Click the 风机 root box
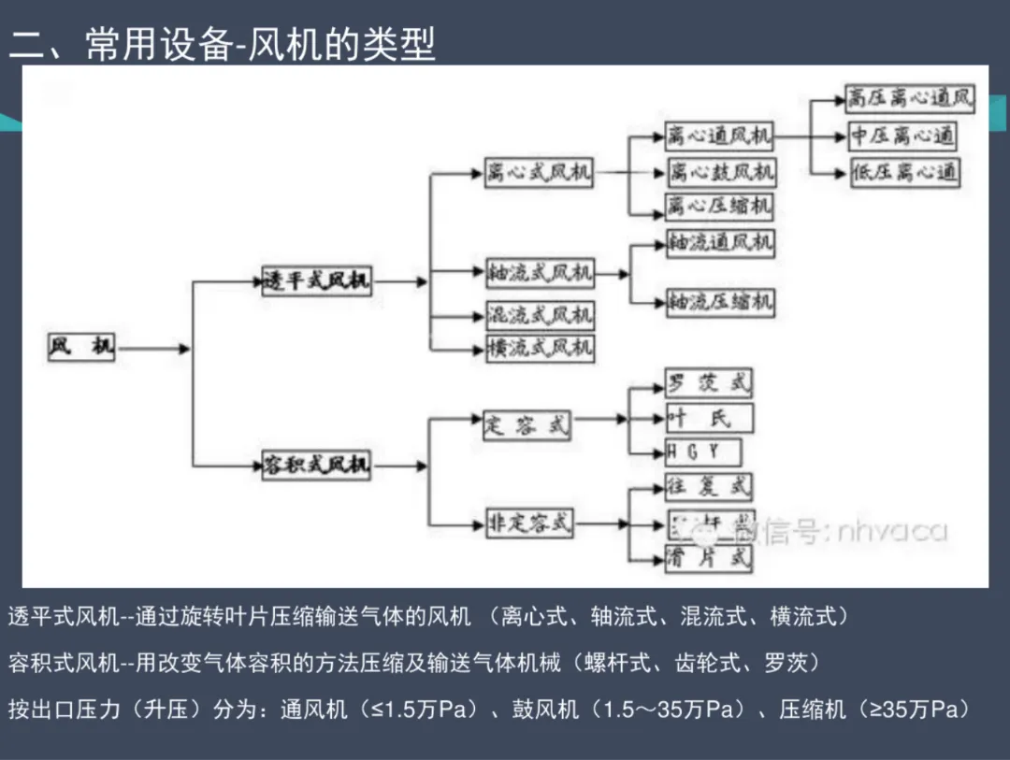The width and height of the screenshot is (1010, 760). (81, 348)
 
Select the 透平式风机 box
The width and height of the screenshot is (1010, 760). (316, 280)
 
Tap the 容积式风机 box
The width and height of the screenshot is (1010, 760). (316, 465)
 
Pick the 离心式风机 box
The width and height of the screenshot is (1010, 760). (540, 174)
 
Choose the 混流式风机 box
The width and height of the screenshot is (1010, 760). (540, 316)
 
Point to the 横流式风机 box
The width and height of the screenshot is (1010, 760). (540, 348)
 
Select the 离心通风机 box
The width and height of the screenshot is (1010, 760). (719, 136)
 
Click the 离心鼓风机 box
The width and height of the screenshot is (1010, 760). (720, 172)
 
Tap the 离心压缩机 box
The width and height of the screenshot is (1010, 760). (720, 205)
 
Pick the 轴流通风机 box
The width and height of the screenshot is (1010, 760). (720, 242)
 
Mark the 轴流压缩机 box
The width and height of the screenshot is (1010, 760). (720, 302)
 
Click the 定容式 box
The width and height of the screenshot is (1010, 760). (527, 425)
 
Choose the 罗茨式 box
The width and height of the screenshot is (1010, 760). (708, 382)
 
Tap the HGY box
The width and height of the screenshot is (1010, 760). (702, 452)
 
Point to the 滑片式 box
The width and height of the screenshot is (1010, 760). (708, 558)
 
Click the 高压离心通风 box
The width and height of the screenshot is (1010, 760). (909, 98)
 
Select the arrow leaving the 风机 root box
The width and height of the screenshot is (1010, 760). (154, 349)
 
